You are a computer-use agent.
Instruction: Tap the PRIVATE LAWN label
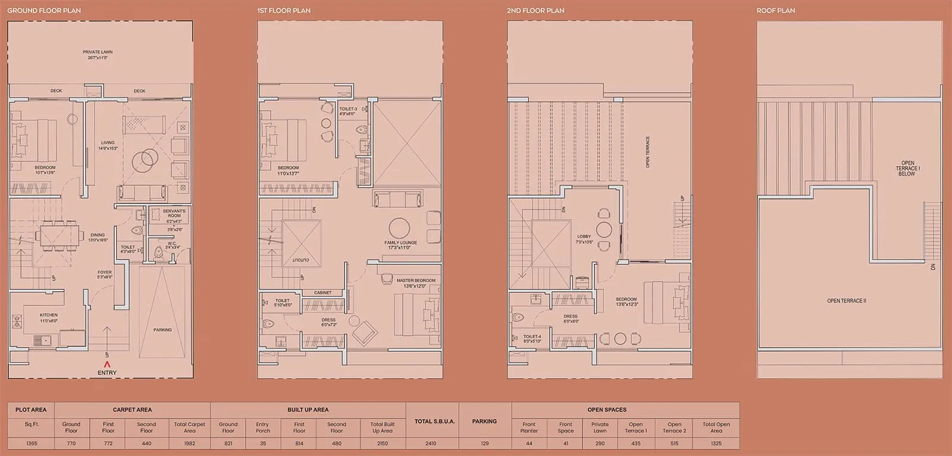click(98, 52)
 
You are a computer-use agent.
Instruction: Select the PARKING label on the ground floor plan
click(162, 330)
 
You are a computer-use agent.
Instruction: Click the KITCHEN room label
click(49, 315)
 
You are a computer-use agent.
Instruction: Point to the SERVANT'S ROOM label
click(174, 213)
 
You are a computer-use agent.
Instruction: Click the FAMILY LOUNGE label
click(400, 243)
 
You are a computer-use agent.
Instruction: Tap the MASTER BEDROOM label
click(416, 280)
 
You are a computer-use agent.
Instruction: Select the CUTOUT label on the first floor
click(300, 260)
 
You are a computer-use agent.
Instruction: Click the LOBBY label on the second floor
click(584, 237)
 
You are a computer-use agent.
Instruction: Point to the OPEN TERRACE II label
click(846, 301)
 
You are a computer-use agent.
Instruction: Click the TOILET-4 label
click(532, 337)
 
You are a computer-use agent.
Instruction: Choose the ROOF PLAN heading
click(775, 11)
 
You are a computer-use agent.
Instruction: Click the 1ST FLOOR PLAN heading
click(283, 11)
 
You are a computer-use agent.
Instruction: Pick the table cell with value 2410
click(431, 443)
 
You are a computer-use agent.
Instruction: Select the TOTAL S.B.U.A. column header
click(435, 421)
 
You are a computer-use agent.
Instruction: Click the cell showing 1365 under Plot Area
click(31, 443)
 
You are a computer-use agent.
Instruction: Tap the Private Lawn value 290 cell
click(600, 443)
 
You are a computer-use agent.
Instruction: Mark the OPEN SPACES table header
click(606, 410)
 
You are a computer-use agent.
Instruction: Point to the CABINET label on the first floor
click(322, 293)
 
